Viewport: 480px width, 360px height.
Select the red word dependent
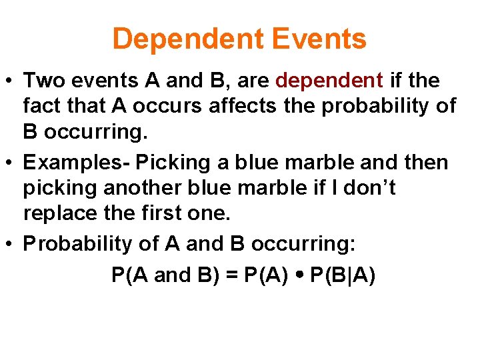329,81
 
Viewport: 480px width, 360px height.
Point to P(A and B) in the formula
167,275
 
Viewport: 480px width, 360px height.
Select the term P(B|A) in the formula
343,275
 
